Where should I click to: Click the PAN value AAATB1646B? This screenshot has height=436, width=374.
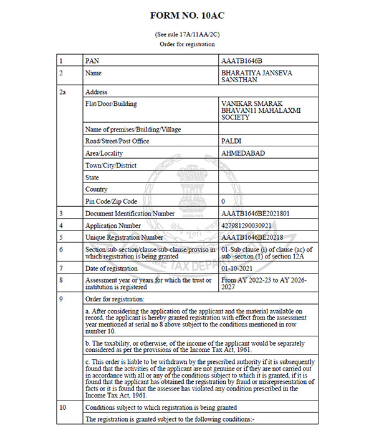point(242,62)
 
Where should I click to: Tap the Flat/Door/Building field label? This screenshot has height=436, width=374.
point(111,104)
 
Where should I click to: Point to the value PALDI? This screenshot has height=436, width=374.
point(231,141)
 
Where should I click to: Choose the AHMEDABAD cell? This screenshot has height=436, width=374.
point(241,153)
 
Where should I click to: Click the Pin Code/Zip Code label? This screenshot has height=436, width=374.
point(110,201)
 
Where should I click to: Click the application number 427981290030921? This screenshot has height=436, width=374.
point(247,225)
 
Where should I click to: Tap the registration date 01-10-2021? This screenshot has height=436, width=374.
point(238,268)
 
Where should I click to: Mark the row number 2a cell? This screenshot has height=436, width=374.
point(62,92)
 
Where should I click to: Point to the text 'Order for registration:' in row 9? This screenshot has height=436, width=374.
point(115,299)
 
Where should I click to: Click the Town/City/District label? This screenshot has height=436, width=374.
point(110,165)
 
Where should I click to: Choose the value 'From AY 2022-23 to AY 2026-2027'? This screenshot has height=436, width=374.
point(264,283)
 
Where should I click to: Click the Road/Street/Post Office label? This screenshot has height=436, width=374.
point(118,141)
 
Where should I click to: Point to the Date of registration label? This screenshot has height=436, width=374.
point(111,268)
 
